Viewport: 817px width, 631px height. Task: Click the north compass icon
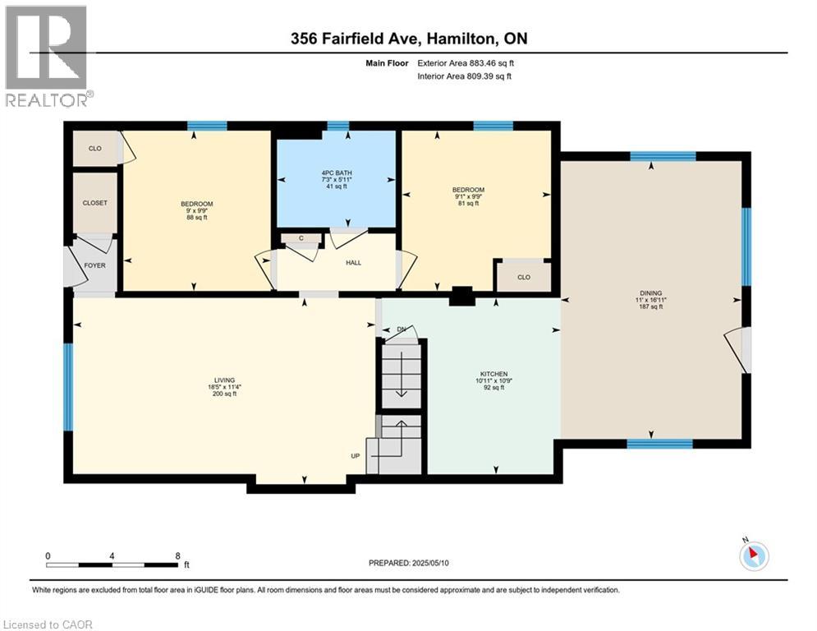(754, 556)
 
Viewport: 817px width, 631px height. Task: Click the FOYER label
(94, 265)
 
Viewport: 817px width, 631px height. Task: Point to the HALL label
(353, 263)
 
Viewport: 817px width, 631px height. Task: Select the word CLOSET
(94, 203)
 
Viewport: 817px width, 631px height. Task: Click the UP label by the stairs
(356, 456)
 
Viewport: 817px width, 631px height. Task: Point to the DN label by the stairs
(402, 329)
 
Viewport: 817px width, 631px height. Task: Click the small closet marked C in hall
(301, 238)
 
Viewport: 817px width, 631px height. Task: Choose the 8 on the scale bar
(177, 556)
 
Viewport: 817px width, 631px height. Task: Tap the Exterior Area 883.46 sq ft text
(466, 63)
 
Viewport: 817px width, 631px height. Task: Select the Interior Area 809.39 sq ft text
(464, 76)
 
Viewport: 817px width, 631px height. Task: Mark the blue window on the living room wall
(68, 387)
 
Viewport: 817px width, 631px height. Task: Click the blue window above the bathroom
(337, 126)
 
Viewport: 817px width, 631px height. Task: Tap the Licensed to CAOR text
(48, 624)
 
